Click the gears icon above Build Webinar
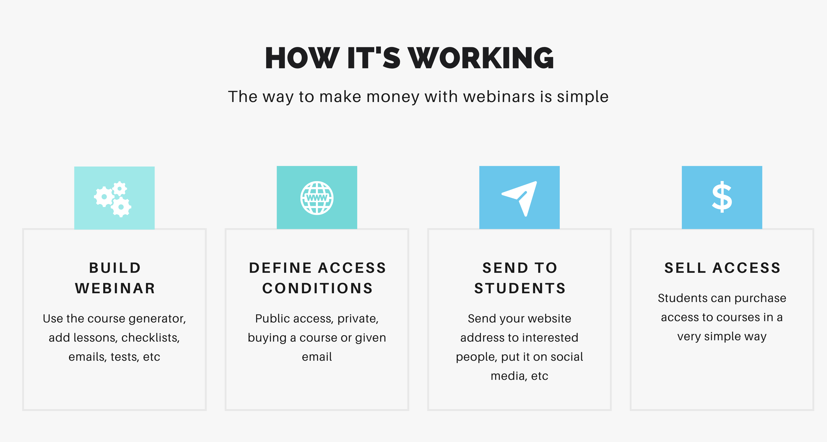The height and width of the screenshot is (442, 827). (x=113, y=199)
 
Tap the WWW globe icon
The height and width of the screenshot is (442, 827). (x=317, y=198)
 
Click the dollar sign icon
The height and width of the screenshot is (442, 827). (x=722, y=197)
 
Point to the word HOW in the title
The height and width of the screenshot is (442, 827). (x=302, y=58)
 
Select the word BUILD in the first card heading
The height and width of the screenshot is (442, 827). (x=115, y=268)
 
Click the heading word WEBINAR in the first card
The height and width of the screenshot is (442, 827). (x=115, y=288)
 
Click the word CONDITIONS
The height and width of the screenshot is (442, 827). (x=317, y=288)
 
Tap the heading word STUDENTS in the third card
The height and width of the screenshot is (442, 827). (x=520, y=288)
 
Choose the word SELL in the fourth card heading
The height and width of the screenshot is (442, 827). (x=685, y=268)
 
